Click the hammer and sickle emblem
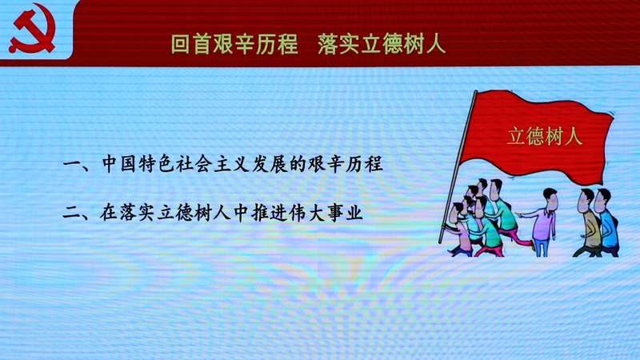tap(32, 29)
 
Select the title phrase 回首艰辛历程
tap(234, 44)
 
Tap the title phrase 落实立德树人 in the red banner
tap(382, 44)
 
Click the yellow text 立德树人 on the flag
tap(545, 136)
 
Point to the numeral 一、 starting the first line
tap(78, 166)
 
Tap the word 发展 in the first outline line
tap(270, 164)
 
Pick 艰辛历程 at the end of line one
tap(346, 164)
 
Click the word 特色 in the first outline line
tap(156, 164)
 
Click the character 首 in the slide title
tap(202, 44)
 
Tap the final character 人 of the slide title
tap(435, 44)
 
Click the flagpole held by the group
tap(458, 166)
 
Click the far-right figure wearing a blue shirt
tap(608, 223)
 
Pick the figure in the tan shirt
tap(589, 223)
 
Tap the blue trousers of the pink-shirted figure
tap(542, 247)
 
